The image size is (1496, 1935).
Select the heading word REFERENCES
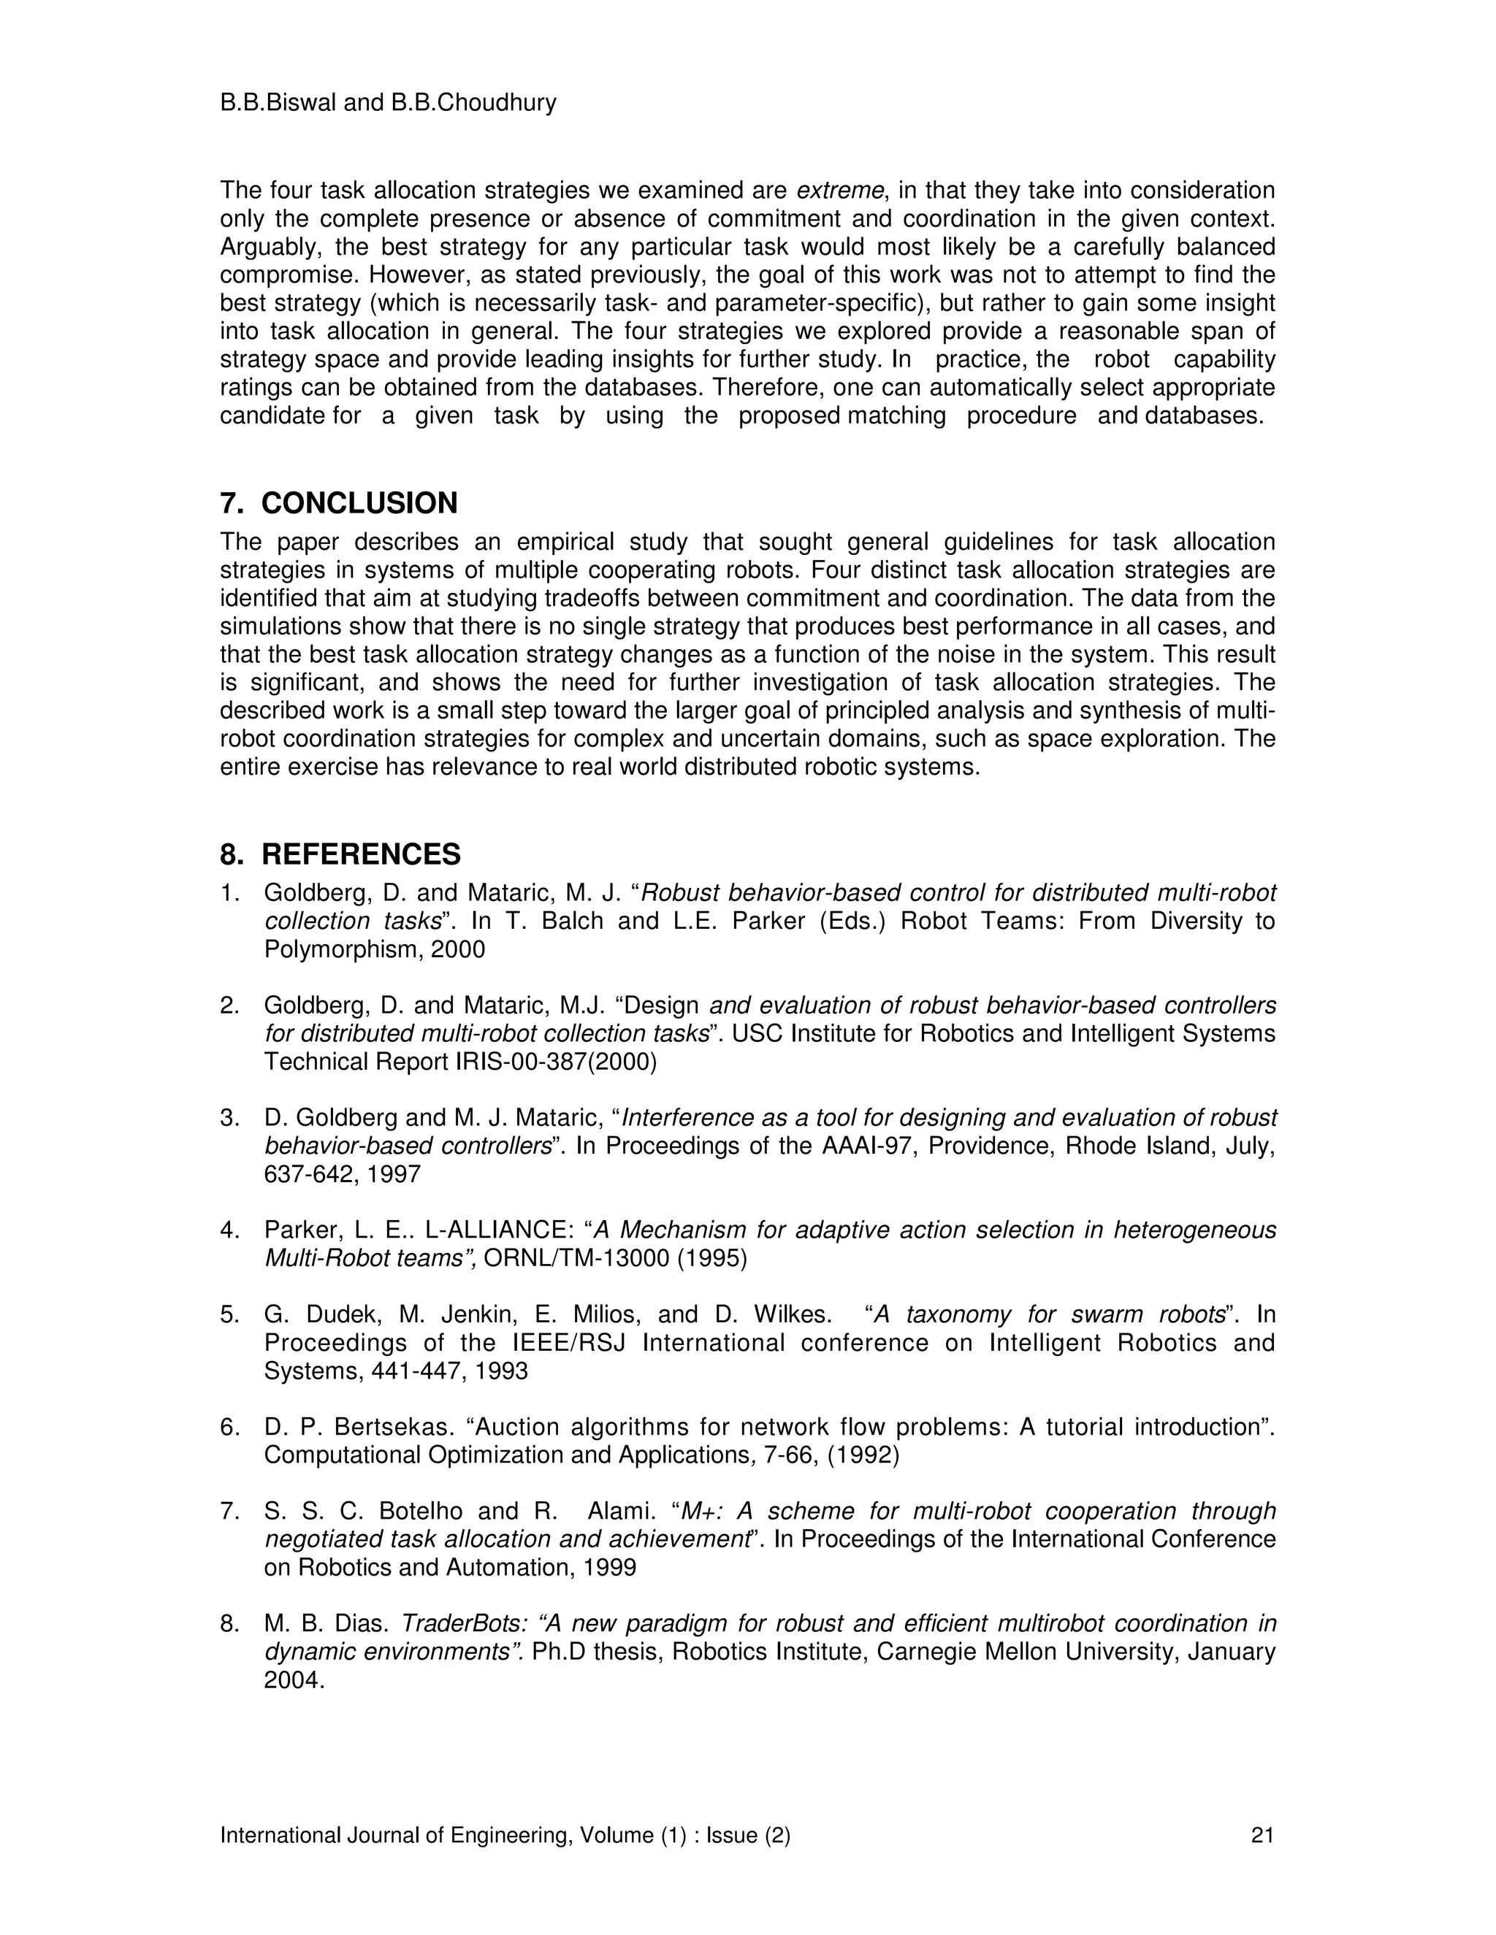tap(361, 854)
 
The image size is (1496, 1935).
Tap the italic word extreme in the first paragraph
tap(840, 191)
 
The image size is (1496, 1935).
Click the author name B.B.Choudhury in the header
tap(473, 103)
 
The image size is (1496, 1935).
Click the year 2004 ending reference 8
tap(294, 1680)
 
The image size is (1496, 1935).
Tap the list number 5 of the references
tap(228, 1315)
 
